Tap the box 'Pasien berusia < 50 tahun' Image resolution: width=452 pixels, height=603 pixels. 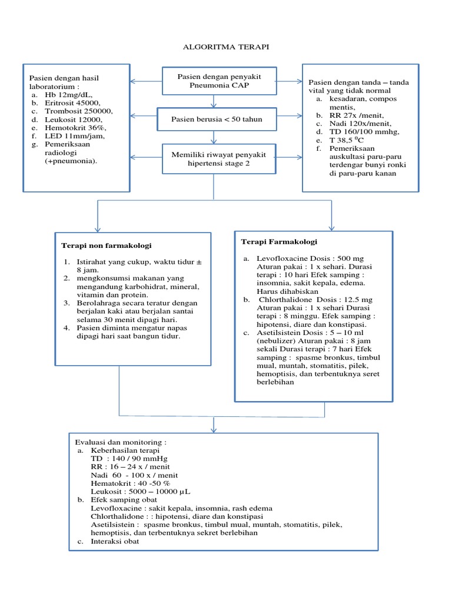pos(216,120)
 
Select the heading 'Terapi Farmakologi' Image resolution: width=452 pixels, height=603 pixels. pos(279,241)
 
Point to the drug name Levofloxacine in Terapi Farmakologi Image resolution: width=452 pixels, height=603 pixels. pos(282,258)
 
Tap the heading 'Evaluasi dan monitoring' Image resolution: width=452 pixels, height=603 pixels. pos(121,442)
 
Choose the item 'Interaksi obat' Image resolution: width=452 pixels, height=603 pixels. pos(115,541)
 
